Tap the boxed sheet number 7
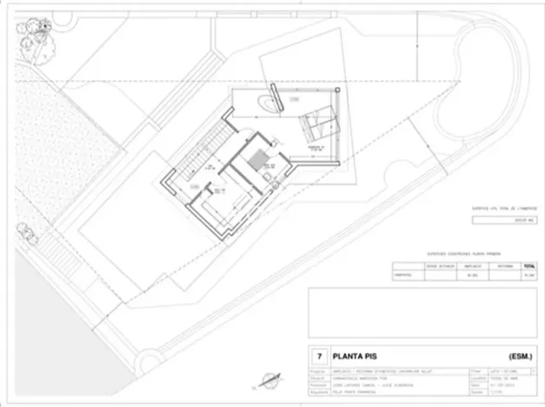click(x=319, y=356)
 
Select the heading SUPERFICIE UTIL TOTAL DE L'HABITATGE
click(x=503, y=209)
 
